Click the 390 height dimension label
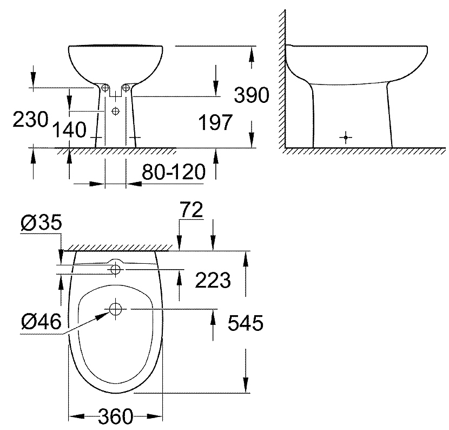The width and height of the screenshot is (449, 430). (x=252, y=95)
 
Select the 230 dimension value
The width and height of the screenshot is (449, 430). (x=30, y=120)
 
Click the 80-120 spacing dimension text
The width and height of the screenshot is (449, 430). (x=174, y=173)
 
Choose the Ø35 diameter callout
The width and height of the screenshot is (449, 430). (x=41, y=223)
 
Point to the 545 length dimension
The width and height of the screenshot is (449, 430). (x=245, y=323)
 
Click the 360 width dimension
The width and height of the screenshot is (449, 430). (x=115, y=418)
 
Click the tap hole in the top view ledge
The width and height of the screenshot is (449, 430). (x=115, y=268)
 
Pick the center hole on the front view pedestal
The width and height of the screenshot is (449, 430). (x=115, y=111)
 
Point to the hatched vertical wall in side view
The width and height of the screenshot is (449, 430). (x=281, y=81)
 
